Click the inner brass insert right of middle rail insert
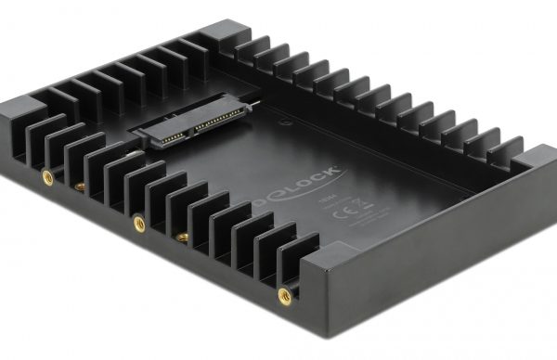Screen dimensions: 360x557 [x=183, y=238]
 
